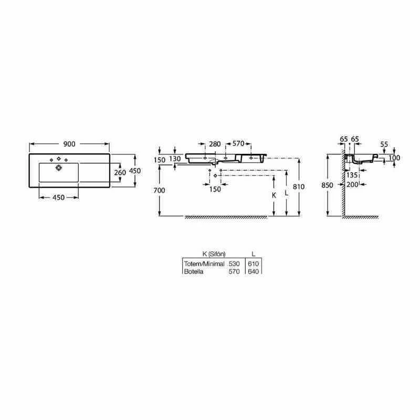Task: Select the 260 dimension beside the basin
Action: [120, 172]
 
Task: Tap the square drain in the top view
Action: [59, 168]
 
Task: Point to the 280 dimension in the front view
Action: [214, 144]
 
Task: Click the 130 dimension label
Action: [175, 159]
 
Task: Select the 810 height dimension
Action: [300, 186]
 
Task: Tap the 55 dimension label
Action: [384, 144]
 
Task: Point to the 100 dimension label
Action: [394, 158]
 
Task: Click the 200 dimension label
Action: [352, 184]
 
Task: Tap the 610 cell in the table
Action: [254, 263]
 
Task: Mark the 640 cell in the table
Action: [254, 271]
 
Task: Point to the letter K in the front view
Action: [274, 194]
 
